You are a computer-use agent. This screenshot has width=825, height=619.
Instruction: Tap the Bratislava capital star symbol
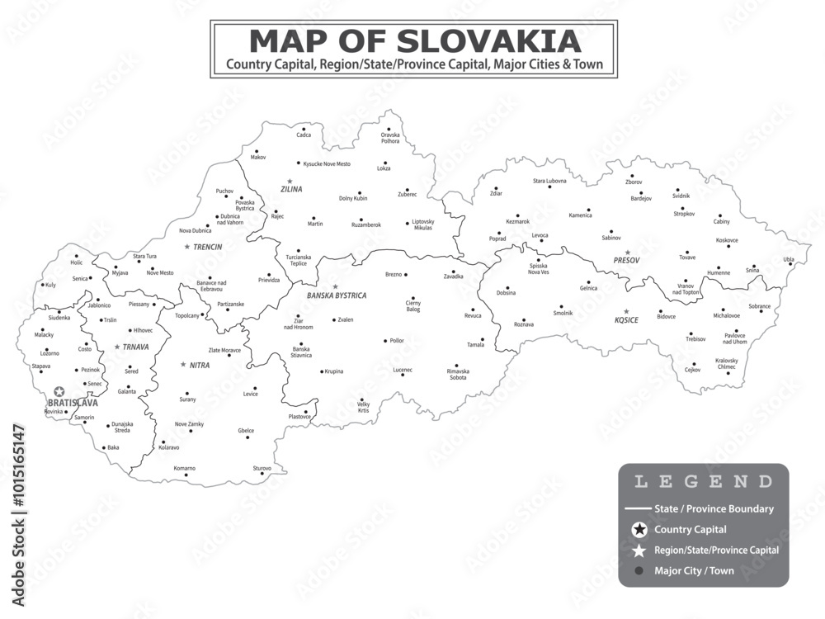tap(59, 393)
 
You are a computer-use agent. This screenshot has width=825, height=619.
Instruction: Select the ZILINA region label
tap(291, 189)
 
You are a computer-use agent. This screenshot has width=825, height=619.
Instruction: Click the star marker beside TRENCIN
tap(187, 247)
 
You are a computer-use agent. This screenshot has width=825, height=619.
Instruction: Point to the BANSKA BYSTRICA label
tap(337, 295)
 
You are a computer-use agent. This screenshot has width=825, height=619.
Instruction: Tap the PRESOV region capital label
tap(627, 261)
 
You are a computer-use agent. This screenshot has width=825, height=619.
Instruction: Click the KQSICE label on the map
tap(626, 320)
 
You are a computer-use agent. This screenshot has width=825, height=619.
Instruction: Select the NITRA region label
tap(200, 365)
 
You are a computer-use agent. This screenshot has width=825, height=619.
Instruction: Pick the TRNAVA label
tap(135, 347)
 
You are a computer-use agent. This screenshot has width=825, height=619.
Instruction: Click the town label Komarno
tap(184, 468)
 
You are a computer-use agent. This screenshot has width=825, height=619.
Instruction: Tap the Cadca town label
tap(304, 135)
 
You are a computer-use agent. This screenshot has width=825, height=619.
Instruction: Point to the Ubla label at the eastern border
tap(789, 259)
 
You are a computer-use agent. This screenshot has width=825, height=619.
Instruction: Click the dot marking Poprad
tap(503, 229)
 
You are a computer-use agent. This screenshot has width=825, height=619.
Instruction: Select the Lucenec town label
tap(403, 370)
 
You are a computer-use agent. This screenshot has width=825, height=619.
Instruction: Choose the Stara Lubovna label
tap(549, 181)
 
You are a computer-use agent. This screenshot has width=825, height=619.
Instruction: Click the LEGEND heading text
tap(703, 482)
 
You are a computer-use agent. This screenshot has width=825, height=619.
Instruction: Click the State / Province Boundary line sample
tap(638, 509)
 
